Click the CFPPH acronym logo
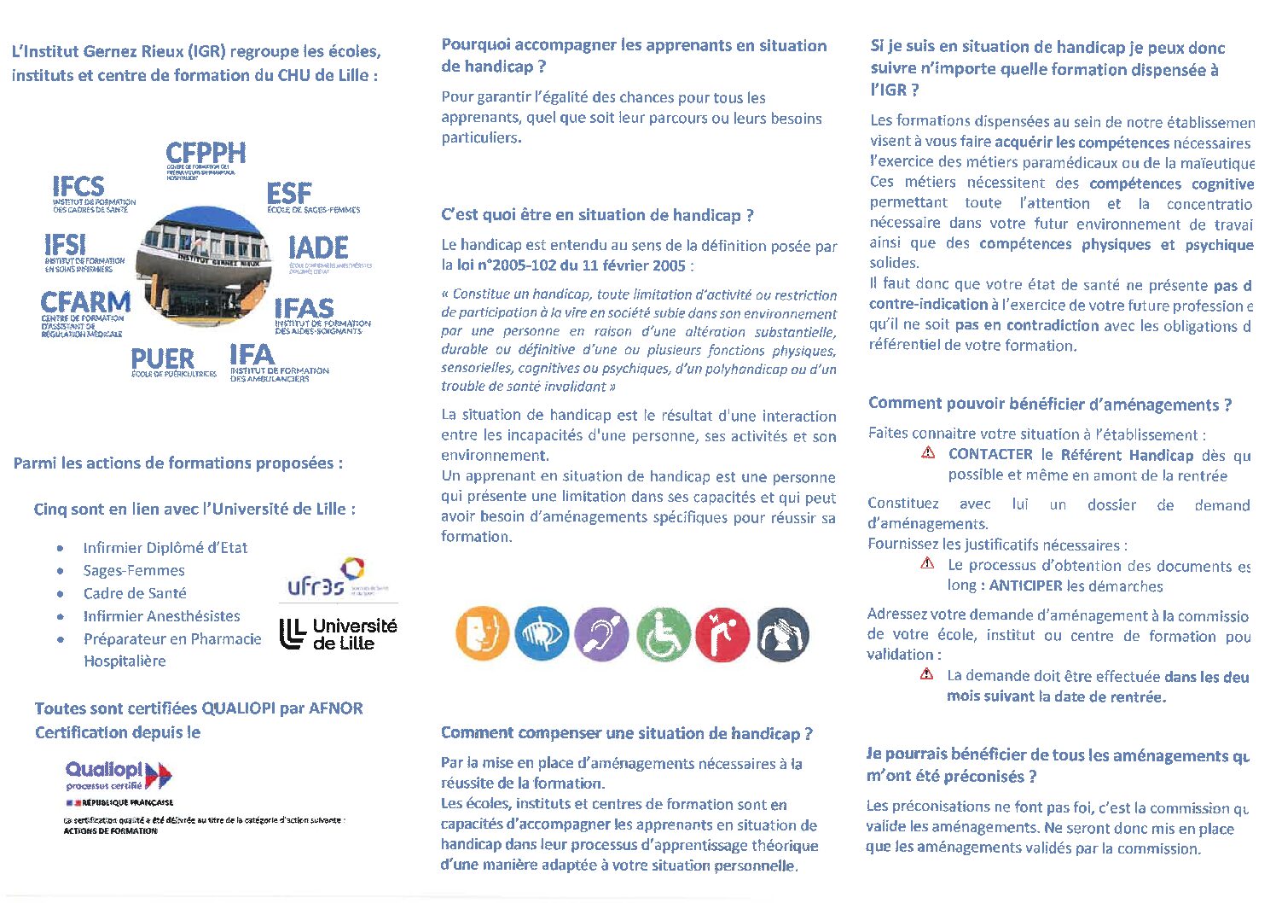pyautogui.click(x=206, y=154)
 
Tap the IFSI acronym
pyautogui.click(x=65, y=246)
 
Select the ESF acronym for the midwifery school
pyautogui.click(x=289, y=193)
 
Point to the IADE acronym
pyautogui.click(x=318, y=248)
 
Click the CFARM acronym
pyautogui.click(x=85, y=302)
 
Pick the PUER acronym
pyautogui.click(x=162, y=359)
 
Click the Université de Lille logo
pyautogui.click(x=339, y=633)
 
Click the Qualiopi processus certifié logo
pyautogui.click(x=119, y=775)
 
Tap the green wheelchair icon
pyautogui.click(x=663, y=635)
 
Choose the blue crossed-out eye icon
pyautogui.click(x=542, y=635)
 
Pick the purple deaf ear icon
pyautogui.click(x=601, y=635)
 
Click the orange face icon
pyautogui.click(x=482, y=635)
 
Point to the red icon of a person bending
pyautogui.click(x=722, y=635)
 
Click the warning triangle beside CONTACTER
pyautogui.click(x=928, y=453)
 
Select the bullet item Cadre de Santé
pyautogui.click(x=135, y=593)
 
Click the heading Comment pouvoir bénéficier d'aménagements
pyautogui.click(x=1049, y=404)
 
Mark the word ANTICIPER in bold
pyautogui.click(x=1025, y=585)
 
